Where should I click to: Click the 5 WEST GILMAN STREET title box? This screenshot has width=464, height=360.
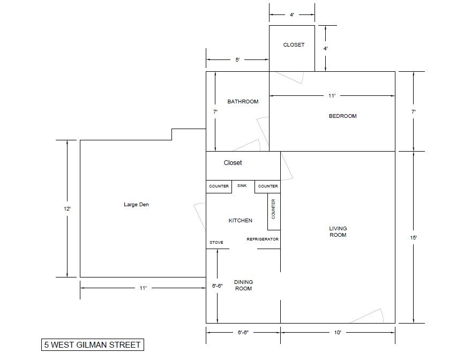pos(93,345)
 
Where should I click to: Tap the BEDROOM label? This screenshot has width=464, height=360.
pos(343,116)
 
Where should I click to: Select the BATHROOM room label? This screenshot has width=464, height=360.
pos(243,101)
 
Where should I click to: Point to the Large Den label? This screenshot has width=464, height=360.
pos(137,205)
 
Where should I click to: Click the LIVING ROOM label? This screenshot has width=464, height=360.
pos(338,231)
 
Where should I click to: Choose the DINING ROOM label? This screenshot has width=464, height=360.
pos(244,285)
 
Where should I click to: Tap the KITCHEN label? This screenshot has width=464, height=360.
pos(241,220)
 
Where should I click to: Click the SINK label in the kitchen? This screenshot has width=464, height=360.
pos(242,185)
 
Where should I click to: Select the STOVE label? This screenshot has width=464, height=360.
pos(216,242)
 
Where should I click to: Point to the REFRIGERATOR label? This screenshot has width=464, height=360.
pos(263,239)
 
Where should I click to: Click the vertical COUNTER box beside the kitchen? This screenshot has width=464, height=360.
pos(274,212)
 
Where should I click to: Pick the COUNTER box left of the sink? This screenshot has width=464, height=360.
pos(219,186)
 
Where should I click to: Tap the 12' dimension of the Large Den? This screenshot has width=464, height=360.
pos(67,208)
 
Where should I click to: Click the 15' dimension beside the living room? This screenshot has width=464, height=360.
pos(414,237)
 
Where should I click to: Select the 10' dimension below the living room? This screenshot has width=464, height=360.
pos(338,333)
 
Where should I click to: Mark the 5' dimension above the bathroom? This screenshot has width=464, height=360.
pos(237,60)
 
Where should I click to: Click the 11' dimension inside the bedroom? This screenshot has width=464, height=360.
pos(332,95)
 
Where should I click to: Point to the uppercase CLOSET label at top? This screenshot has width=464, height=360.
pos(294,44)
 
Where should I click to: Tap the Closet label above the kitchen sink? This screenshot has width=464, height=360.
pos(233,163)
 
